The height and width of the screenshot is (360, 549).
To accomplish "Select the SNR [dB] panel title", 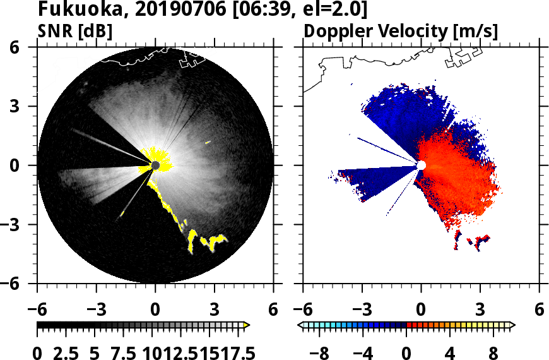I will point(76,31).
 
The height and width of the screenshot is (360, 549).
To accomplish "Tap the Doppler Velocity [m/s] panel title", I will point(401,31).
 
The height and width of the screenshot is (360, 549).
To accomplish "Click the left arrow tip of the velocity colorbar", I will point(301,325).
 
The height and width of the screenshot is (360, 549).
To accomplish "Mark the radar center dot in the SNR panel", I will point(155,165).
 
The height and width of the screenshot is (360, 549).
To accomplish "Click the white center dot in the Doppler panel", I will point(421,165).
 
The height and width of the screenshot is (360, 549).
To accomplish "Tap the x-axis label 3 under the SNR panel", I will point(215,310).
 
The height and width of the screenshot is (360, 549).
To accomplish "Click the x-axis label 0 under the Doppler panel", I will point(421,310).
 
